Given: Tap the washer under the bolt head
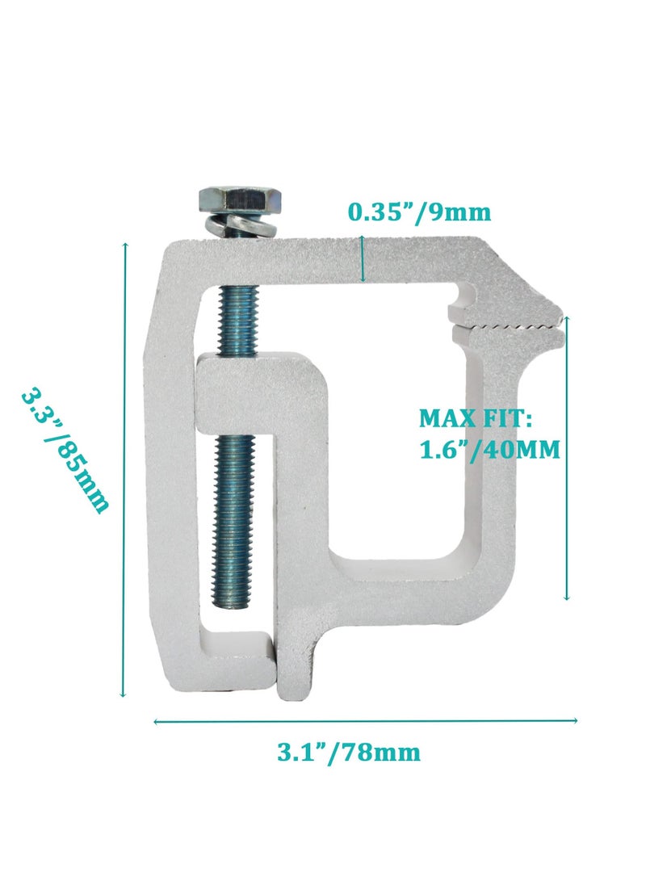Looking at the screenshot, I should click(222, 225).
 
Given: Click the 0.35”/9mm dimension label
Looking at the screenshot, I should click(419, 212).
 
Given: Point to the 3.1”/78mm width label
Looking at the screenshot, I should click(349, 753).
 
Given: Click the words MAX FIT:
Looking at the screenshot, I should click(475, 419).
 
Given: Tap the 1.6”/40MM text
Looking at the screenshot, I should click(489, 449).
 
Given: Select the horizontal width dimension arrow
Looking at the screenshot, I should click(365, 720).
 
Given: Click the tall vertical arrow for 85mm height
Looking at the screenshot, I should click(124, 468).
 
